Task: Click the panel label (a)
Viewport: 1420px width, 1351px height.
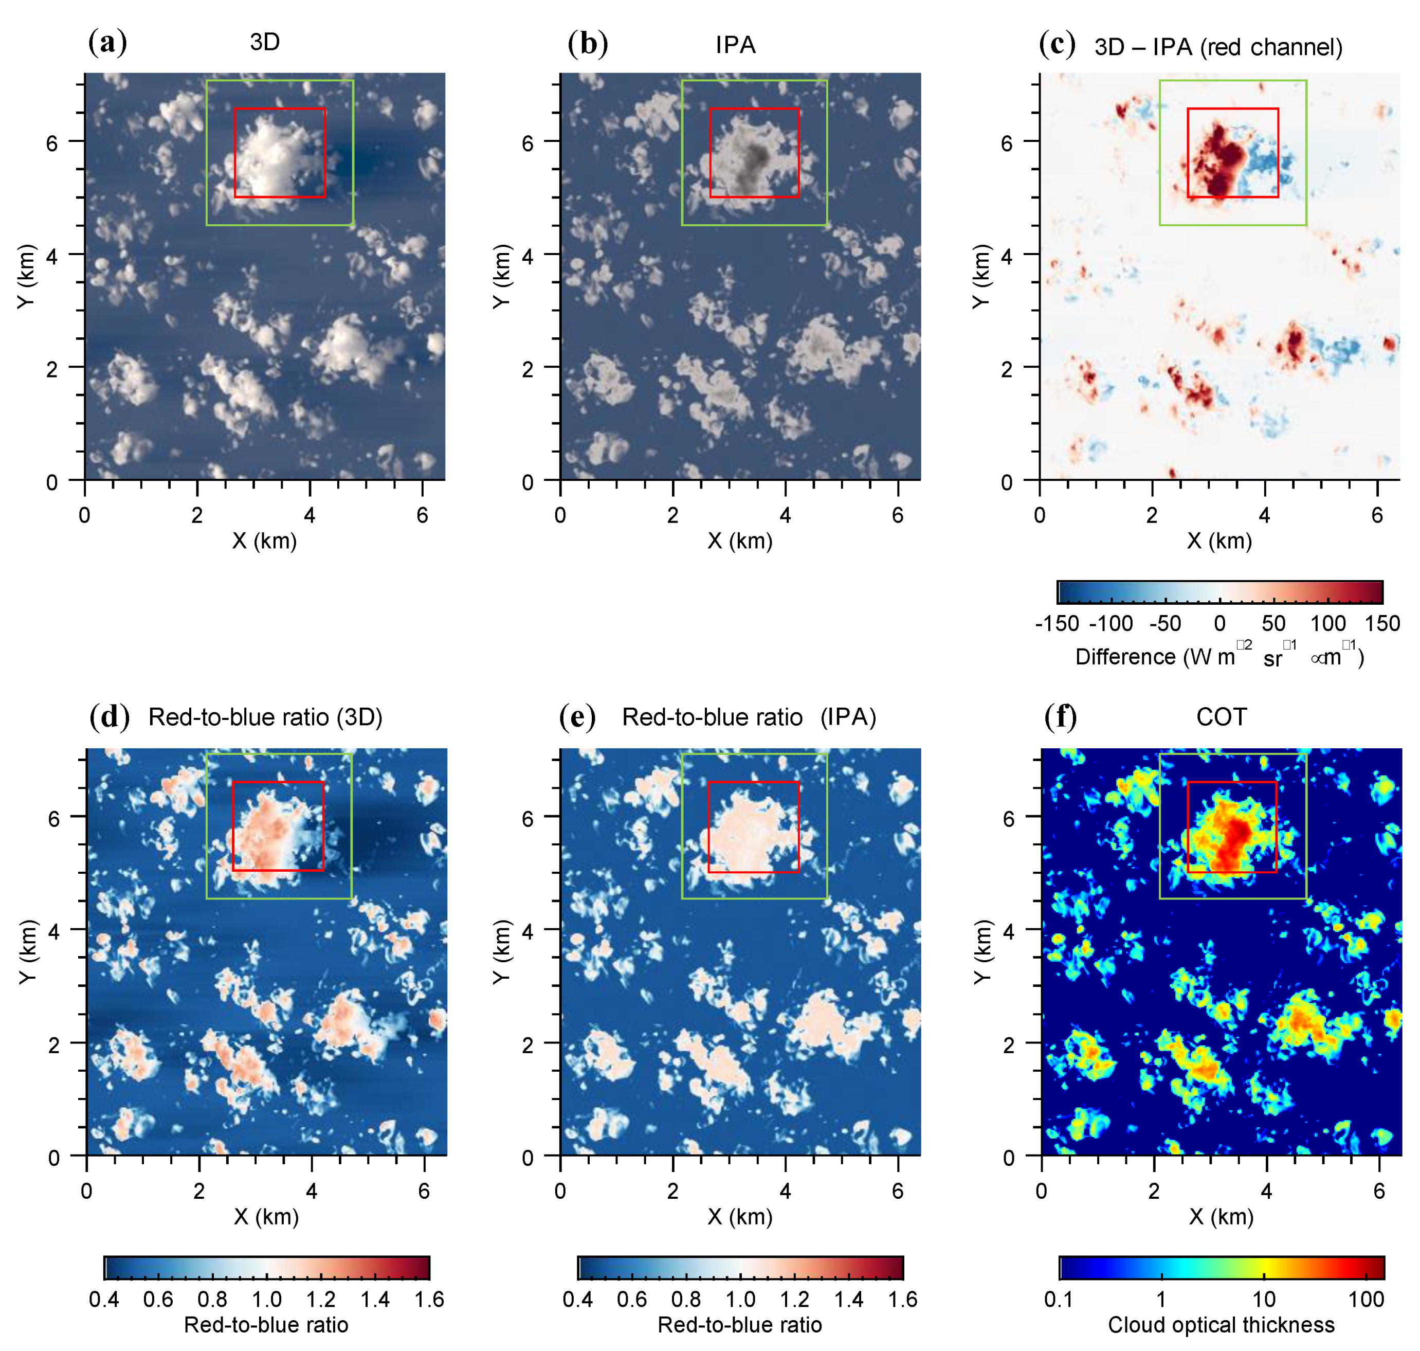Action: (107, 43)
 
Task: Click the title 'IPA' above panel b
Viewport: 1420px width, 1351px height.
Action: (735, 45)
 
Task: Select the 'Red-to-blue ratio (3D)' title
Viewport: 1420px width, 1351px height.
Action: (265, 717)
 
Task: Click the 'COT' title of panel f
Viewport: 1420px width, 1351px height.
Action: (1221, 717)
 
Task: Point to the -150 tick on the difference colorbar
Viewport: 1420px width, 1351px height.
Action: (1057, 624)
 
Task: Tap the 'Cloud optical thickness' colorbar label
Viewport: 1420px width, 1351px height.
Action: (1221, 1324)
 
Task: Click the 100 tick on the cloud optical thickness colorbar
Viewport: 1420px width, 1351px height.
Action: (1366, 1300)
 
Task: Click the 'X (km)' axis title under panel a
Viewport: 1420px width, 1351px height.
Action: (264, 541)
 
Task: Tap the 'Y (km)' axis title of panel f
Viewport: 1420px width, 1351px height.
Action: (981, 951)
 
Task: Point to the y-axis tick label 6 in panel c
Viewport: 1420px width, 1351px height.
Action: (1007, 142)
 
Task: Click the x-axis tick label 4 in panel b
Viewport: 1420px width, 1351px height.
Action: (785, 515)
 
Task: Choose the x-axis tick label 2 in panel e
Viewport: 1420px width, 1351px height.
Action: (672, 1191)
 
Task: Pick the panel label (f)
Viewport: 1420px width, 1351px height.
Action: (1060, 717)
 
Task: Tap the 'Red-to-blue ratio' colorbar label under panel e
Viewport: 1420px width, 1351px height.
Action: (739, 1324)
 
